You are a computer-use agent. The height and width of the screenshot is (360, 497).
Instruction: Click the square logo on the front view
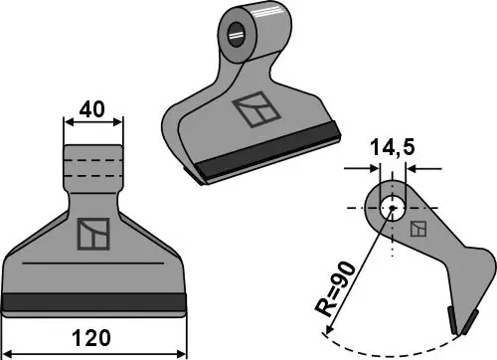(x=92, y=234)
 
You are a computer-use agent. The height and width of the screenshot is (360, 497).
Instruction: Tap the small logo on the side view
(x=420, y=229)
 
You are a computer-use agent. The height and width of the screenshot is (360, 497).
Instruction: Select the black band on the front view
(x=94, y=302)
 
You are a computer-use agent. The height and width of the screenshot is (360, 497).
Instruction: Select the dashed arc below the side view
(x=398, y=348)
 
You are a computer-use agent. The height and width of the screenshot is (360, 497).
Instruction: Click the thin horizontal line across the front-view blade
(x=92, y=263)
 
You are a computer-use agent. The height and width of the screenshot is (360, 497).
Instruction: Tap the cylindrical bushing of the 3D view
(x=244, y=35)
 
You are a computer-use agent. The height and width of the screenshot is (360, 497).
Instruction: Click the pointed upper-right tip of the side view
(x=487, y=261)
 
